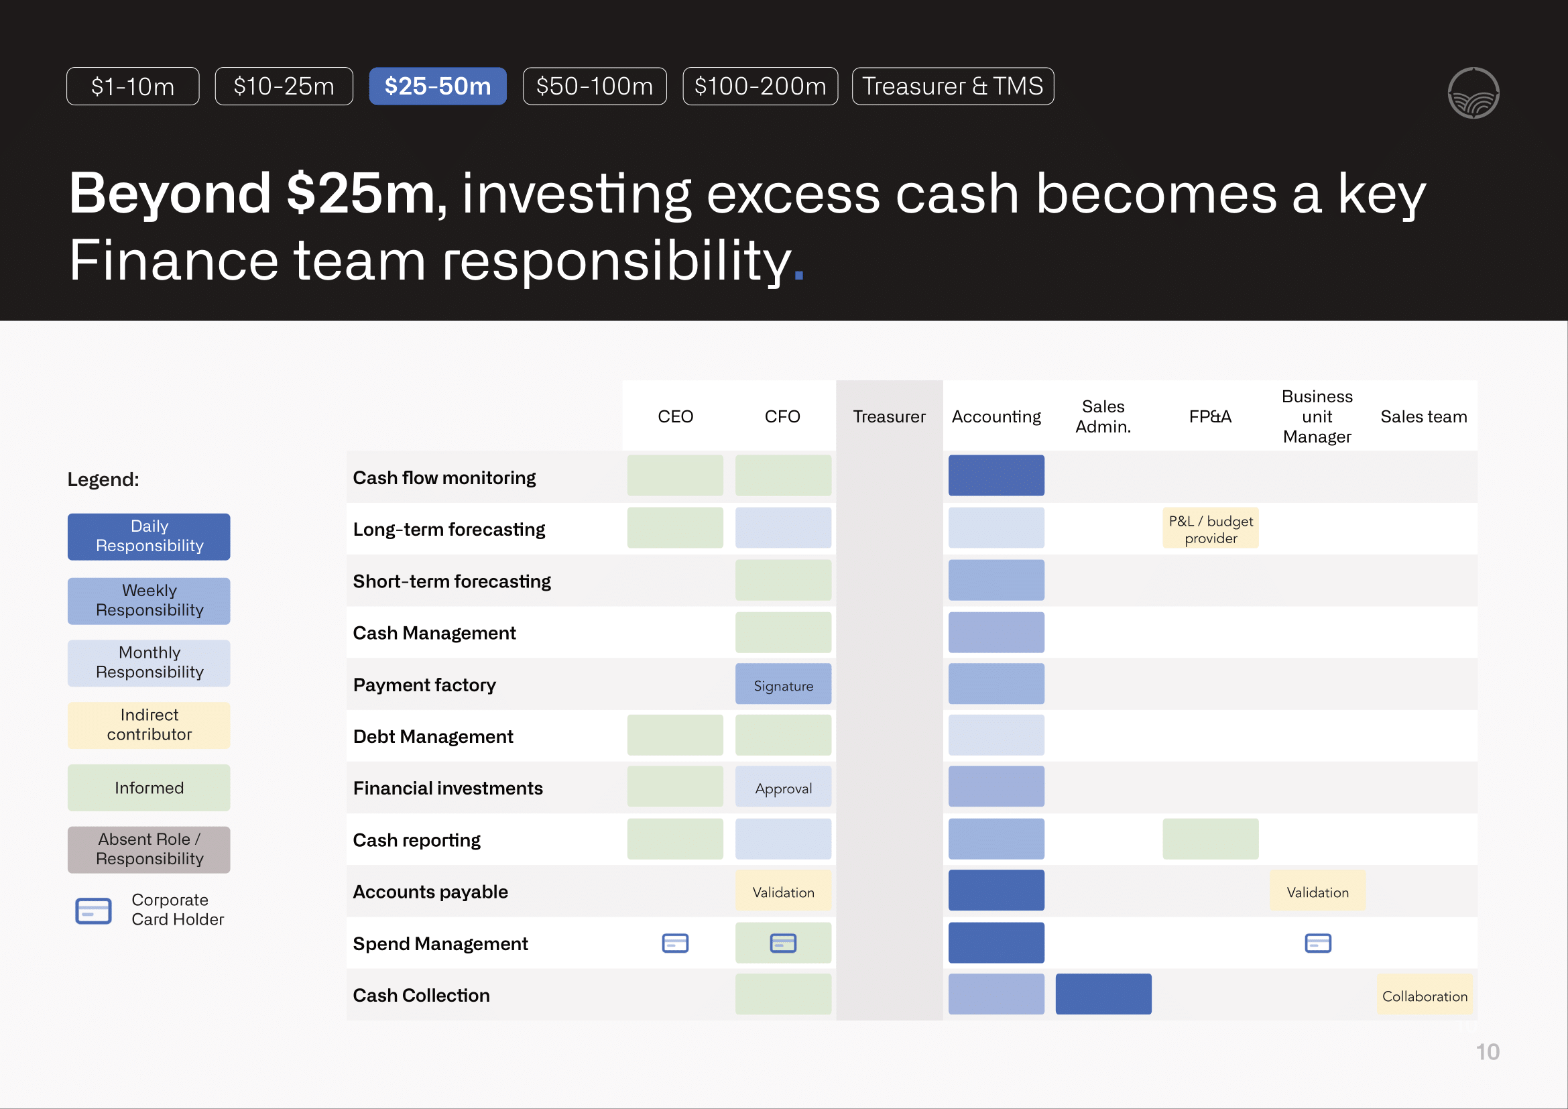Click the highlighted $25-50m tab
[437, 86]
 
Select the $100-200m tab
[760, 86]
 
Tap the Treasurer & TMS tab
[952, 86]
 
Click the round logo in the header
[1473, 93]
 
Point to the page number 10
[1487, 1051]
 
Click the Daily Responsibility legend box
[149, 537]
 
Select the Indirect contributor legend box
[149, 725]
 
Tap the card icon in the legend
[94, 911]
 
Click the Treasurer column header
[888, 416]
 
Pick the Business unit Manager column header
[1317, 416]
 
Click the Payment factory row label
[424, 685]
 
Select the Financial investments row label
[447, 788]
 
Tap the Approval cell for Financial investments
[782, 787]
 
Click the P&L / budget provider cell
[1210, 528]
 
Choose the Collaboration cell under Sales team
[1424, 995]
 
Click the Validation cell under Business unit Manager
[1317, 891]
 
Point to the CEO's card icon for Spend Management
[675, 943]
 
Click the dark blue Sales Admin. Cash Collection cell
[1103, 994]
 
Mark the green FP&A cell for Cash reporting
[1210, 839]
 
